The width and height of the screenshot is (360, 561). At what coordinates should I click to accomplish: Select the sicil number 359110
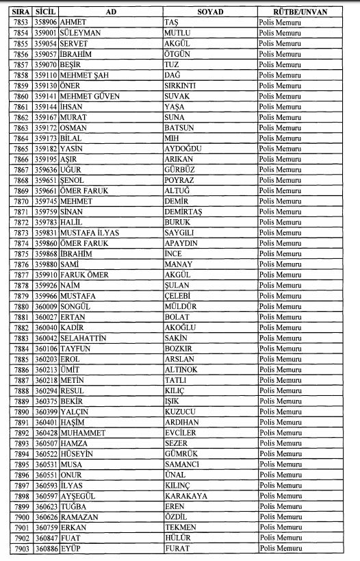point(45,75)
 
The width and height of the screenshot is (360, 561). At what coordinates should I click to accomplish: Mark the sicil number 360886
point(45,548)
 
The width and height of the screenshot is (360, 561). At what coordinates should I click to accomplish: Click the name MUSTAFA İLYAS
point(89,233)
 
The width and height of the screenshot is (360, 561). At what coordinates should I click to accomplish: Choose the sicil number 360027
point(45,317)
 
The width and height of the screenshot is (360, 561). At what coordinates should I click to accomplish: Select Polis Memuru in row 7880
point(281,306)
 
